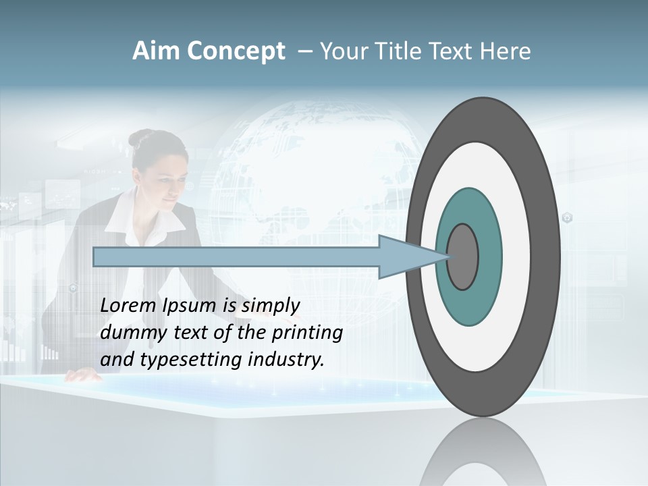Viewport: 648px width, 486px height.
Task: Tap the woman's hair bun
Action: click(x=140, y=138)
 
